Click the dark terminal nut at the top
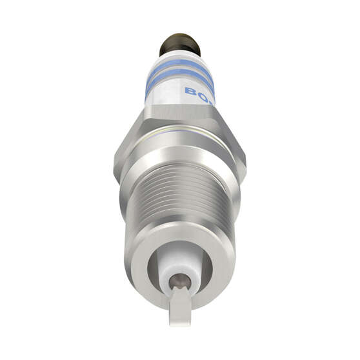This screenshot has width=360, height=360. tap(180, 44)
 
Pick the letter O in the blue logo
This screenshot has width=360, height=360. tap(201, 96)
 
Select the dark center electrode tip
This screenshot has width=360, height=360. tap(180, 280)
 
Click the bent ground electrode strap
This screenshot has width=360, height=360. tap(180, 306)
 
